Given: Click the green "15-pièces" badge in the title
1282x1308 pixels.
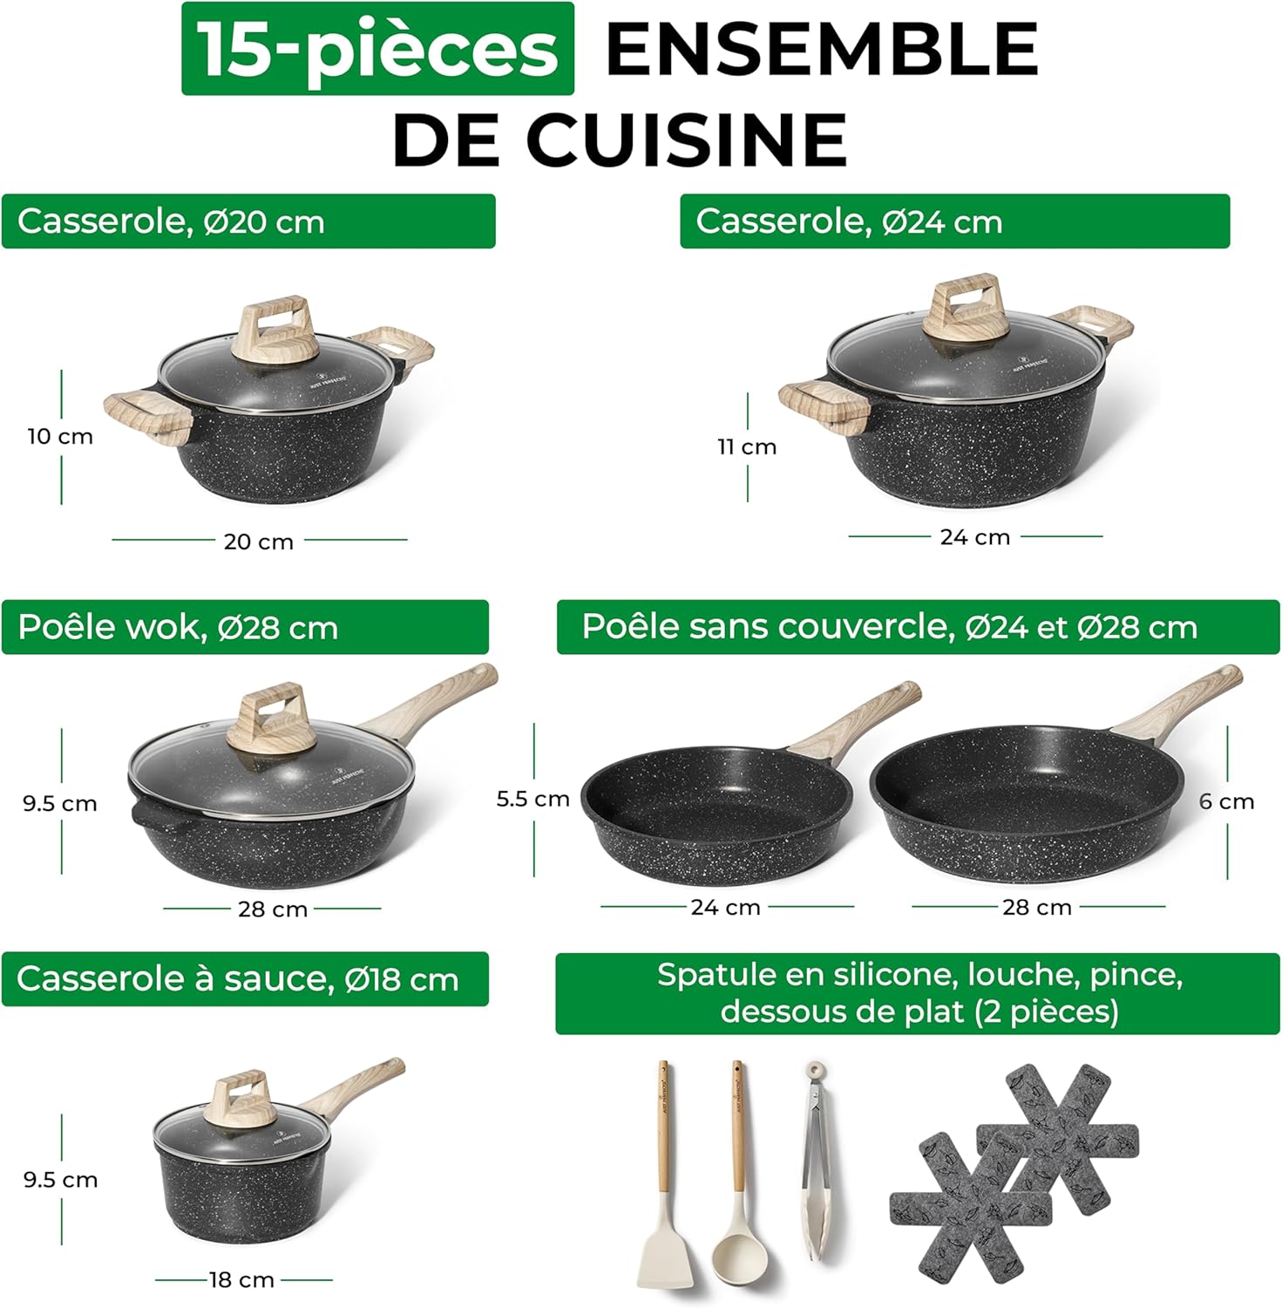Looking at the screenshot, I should tap(377, 49).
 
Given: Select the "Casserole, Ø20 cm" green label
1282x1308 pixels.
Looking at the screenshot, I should tap(248, 221).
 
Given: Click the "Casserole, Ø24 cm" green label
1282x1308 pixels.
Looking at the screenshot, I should tap(954, 221).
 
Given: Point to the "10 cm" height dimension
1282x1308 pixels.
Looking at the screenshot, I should tap(60, 436).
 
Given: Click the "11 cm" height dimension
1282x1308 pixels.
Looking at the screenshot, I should tap(747, 446).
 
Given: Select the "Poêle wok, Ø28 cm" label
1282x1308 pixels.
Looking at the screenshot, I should tap(245, 627).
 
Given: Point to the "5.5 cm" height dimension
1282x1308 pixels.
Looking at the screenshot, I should tap(532, 799).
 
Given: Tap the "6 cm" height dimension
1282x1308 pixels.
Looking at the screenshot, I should tap(1226, 801).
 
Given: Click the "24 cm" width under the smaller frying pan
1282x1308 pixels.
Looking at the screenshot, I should tap(725, 908).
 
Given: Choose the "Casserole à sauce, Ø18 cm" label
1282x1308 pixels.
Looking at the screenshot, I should tap(245, 978).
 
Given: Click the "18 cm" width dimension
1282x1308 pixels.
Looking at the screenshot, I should tap(241, 1280).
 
